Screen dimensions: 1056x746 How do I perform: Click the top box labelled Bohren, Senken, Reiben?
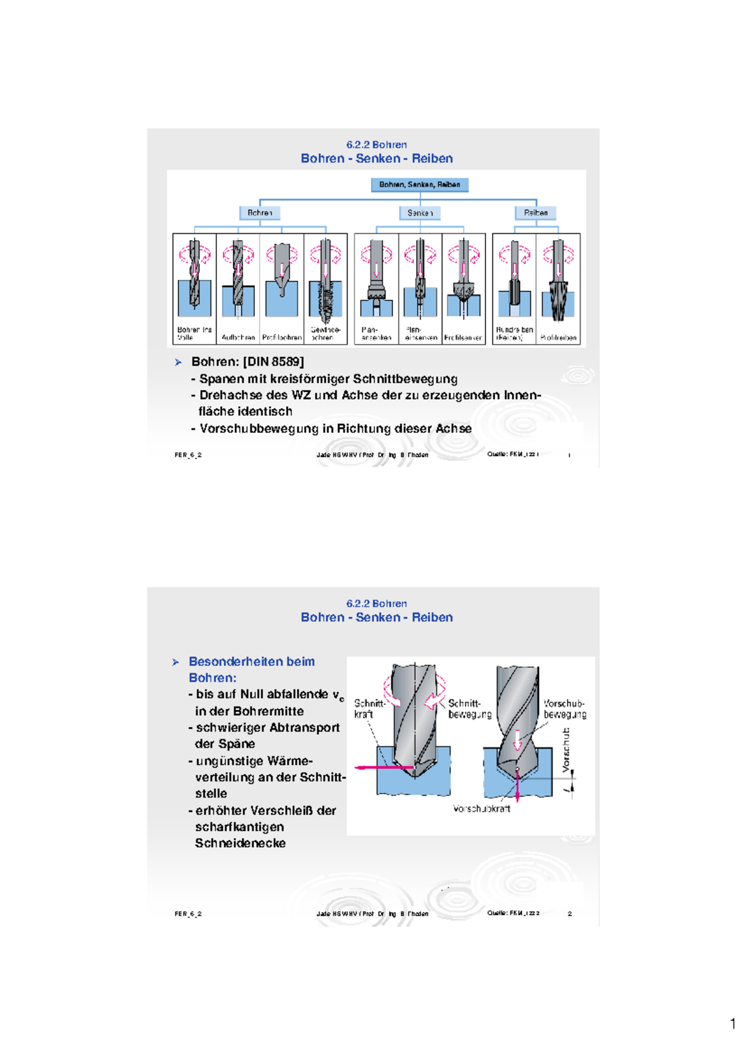420,185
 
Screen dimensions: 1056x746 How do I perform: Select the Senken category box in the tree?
420,213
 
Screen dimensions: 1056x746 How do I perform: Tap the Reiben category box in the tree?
535,213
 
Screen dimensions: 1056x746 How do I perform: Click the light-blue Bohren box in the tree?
260,213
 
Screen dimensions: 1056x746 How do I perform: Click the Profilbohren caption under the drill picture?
282,338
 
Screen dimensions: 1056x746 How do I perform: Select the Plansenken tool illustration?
376,280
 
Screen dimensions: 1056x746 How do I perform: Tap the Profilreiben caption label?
558,338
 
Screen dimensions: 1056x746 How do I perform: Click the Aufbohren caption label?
238,338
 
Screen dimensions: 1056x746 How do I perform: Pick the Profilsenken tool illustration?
463,280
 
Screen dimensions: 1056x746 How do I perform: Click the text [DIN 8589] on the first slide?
274,362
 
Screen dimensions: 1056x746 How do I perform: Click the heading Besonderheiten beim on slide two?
251,662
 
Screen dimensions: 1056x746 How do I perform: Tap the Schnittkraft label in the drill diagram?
369,709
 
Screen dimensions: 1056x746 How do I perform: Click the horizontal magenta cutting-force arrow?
382,767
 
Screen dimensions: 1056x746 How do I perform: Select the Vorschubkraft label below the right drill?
481,808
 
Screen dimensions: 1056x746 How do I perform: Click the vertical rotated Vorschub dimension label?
566,750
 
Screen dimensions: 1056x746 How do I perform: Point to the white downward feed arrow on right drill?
517,740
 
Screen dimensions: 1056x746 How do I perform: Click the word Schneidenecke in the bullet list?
240,843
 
